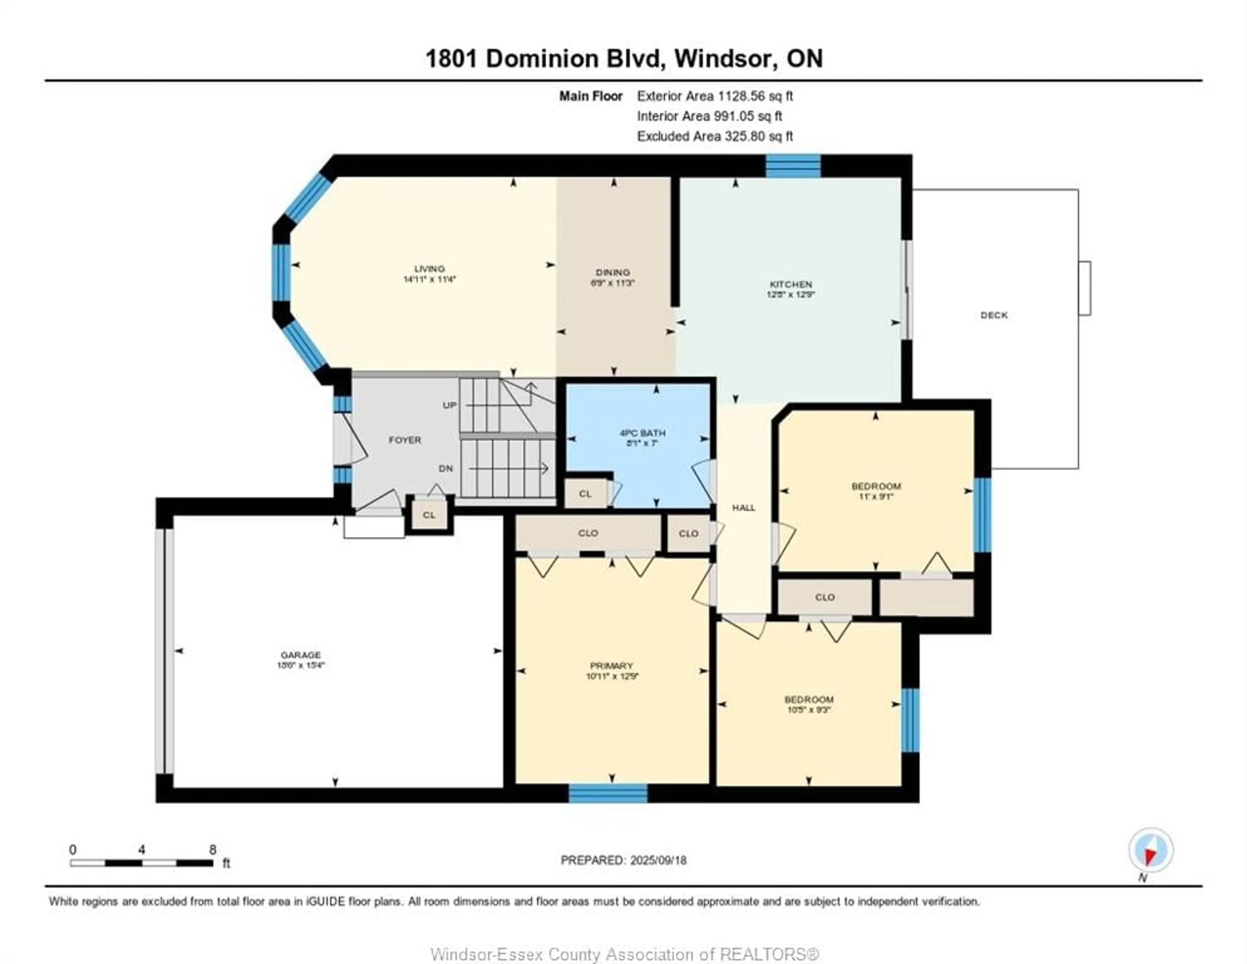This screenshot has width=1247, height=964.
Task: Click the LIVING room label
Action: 429,269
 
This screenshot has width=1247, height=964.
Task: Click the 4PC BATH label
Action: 642,433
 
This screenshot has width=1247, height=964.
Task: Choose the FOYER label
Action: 405,440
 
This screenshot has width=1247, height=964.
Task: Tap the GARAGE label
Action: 300,655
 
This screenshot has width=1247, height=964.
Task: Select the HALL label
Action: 743,508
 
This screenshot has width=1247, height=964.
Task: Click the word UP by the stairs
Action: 449,405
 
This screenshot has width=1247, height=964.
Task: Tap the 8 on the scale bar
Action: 212,850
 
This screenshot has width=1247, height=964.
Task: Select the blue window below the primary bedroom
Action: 608,793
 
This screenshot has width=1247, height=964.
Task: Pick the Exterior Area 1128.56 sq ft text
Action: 715,96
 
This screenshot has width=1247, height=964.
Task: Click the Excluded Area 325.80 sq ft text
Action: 715,136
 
